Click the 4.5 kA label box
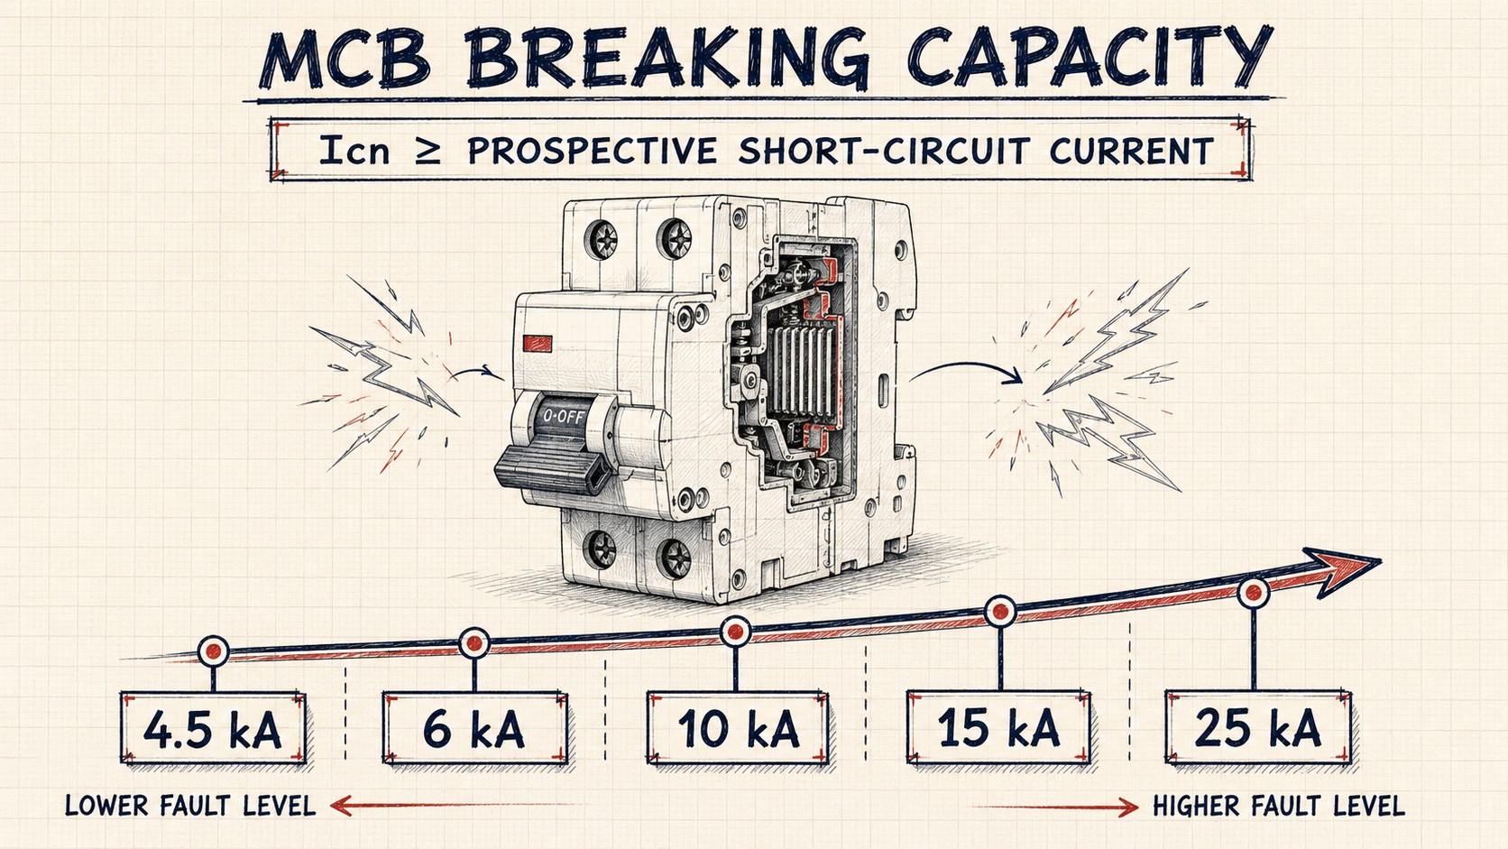tap(214, 728)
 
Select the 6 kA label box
tap(475, 728)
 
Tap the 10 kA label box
tap(738, 728)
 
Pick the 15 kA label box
tap(999, 727)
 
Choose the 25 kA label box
tap(1257, 727)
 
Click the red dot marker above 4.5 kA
tap(214, 651)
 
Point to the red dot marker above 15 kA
tap(1000, 612)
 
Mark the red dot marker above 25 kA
tap(1254, 593)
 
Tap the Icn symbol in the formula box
tap(354, 150)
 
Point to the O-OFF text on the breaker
tap(565, 416)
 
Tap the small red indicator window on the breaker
tap(538, 344)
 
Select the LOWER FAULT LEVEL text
tap(190, 806)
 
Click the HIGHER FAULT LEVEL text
tap(1278, 806)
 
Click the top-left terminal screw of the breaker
tap(602, 240)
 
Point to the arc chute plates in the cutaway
tap(801, 370)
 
